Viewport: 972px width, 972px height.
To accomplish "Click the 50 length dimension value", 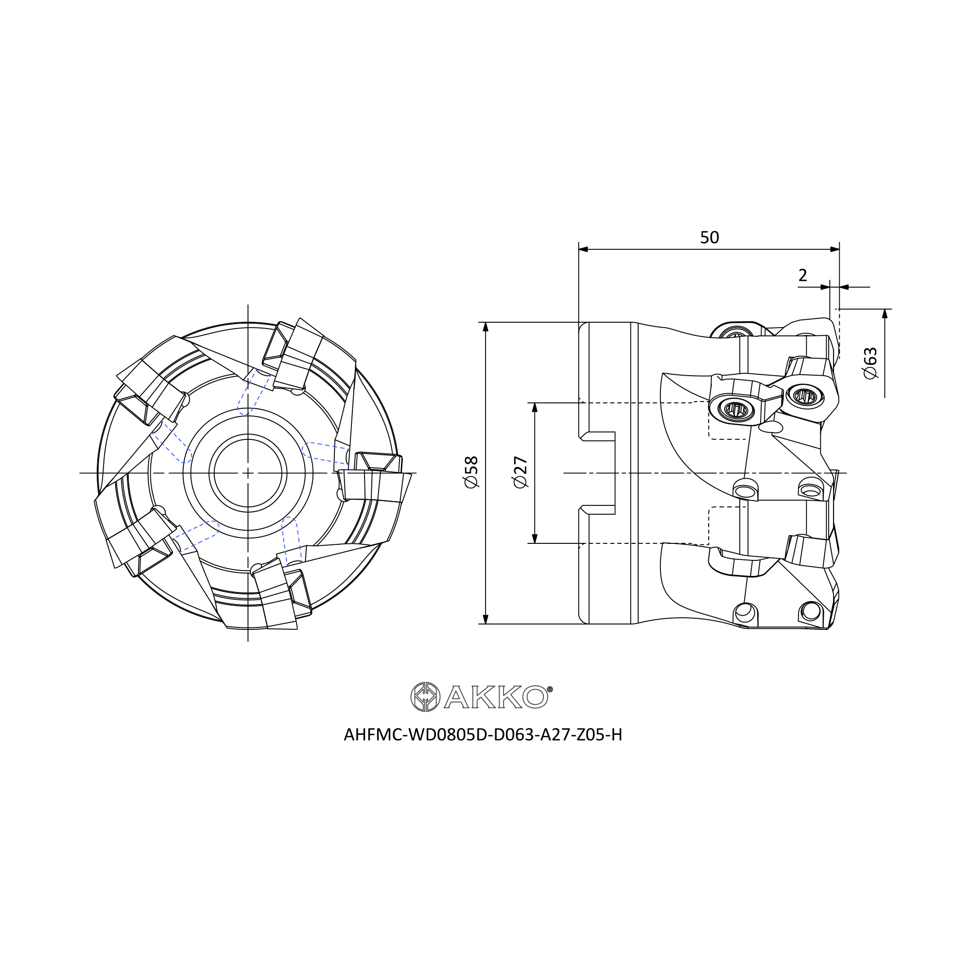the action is [x=710, y=238].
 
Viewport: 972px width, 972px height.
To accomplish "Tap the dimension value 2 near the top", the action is [x=802, y=275].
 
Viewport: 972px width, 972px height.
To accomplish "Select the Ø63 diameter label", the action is [x=870, y=363].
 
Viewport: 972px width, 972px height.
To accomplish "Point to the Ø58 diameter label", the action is [x=471, y=472].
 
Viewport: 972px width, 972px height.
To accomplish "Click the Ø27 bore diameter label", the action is [x=520, y=472].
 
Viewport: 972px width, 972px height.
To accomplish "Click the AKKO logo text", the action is [x=496, y=697].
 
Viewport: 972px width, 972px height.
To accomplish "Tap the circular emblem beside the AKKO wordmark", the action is [x=426, y=697].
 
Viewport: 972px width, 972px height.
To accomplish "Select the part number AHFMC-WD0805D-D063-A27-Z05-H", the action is [x=483, y=735].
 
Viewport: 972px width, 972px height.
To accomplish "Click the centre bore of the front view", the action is [x=248, y=473].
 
